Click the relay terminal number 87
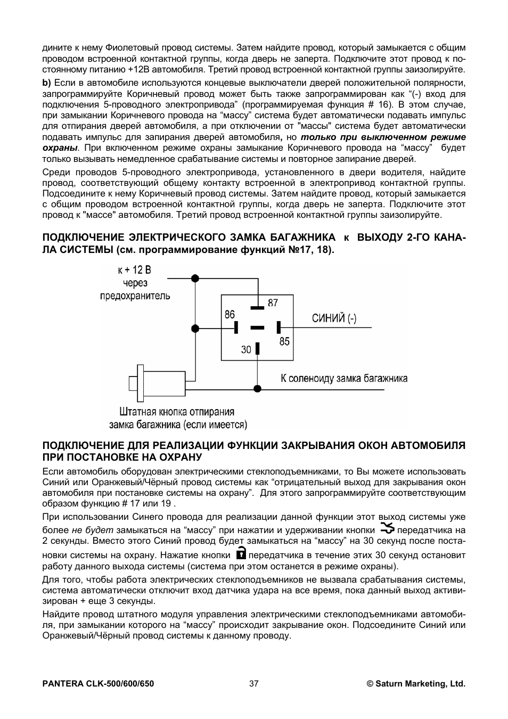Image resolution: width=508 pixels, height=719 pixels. tap(273, 303)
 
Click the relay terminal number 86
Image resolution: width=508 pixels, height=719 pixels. tap(230, 314)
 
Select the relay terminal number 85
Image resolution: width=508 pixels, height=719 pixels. tap(284, 341)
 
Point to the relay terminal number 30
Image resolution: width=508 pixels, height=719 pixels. tap(246, 349)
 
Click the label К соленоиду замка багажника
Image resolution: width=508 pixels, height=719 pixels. tap(344, 378)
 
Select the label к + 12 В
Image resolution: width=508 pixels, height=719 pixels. tap(135, 270)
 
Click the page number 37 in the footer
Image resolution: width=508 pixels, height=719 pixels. tap(253, 683)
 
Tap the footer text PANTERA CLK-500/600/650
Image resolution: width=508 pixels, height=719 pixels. tap(98, 683)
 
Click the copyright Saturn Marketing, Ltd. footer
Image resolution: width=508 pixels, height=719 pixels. tap(416, 683)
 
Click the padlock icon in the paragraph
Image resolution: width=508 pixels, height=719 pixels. tap(241, 552)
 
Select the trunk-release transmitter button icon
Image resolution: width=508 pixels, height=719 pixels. tap(388, 528)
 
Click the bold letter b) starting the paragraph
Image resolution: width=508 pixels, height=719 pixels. tap(46, 83)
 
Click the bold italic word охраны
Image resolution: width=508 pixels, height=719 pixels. tap(60, 148)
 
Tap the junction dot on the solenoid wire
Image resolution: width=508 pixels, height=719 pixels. tap(257, 389)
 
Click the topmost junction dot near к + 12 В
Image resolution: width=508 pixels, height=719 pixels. tap(195, 277)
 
